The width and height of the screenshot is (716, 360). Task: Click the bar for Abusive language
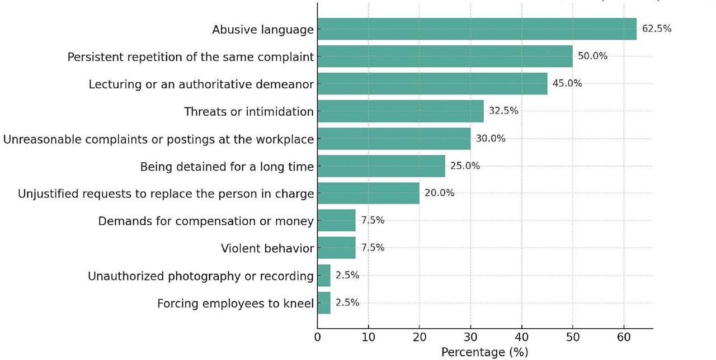click(x=477, y=29)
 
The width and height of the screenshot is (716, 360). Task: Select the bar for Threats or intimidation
click(x=401, y=111)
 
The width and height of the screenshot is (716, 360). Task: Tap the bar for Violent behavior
click(x=336, y=248)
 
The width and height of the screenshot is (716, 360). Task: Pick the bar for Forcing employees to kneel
click(x=324, y=303)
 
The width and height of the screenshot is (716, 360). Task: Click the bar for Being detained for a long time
click(x=381, y=166)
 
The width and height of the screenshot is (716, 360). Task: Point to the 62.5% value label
click(x=657, y=29)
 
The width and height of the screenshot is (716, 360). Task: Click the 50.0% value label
click(x=592, y=56)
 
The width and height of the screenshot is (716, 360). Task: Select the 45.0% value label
click(x=567, y=83)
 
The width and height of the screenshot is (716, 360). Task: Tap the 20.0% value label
click(x=440, y=193)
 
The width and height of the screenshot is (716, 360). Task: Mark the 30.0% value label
click(x=491, y=138)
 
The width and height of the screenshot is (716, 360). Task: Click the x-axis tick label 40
click(x=521, y=338)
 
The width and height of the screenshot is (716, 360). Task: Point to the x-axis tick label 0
click(x=318, y=338)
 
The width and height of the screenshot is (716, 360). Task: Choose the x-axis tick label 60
click(x=624, y=338)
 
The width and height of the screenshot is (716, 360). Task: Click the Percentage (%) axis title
click(x=484, y=352)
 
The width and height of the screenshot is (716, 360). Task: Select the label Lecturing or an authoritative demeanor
click(x=201, y=84)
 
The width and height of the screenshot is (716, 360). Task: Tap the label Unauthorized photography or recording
click(x=201, y=276)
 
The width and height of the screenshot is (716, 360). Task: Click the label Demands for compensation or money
click(x=206, y=221)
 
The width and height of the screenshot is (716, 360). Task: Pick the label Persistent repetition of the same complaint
click(x=191, y=57)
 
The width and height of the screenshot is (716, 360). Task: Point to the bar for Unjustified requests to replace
click(x=368, y=193)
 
